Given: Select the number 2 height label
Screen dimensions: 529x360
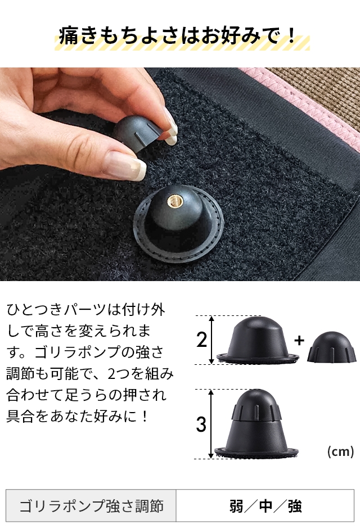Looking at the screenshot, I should [202, 340].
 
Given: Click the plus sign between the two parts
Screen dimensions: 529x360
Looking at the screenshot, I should [299, 340].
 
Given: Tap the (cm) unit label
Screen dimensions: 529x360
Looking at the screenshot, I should [340, 451].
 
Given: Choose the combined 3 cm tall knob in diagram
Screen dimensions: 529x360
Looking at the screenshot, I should [255, 424].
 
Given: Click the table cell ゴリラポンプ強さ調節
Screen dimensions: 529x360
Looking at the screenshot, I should [91, 505].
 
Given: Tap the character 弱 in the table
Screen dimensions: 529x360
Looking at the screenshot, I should [236, 506].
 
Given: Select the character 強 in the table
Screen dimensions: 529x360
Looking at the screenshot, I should [294, 506].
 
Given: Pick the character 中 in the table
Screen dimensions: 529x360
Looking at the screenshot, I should [265, 506].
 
